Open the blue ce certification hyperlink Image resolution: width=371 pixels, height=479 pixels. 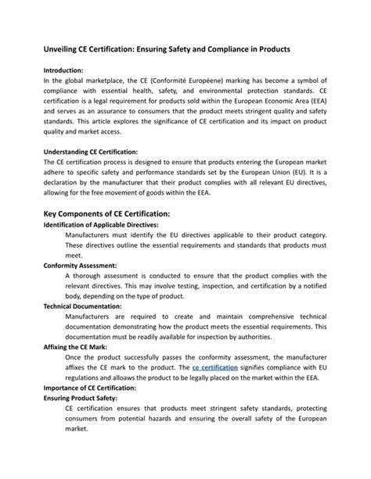pos(216,367)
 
